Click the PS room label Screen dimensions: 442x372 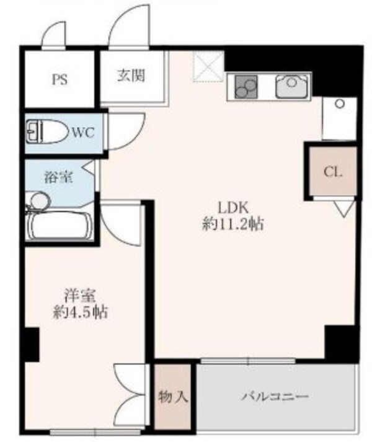60,79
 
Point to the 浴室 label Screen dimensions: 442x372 58,177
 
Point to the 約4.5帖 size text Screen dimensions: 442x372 80,312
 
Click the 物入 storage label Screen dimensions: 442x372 173,397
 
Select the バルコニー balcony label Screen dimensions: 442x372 275,397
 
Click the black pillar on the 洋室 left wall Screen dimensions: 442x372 30,345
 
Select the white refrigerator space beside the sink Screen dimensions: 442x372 338,118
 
